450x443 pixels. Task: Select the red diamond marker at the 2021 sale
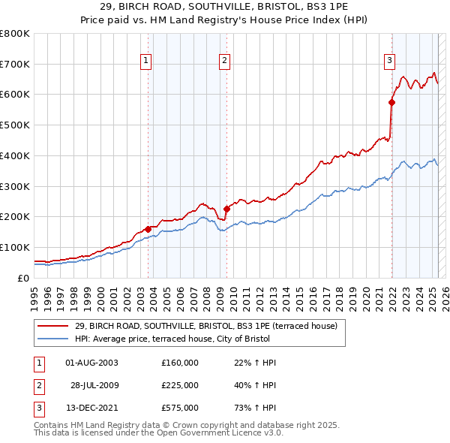[391, 101]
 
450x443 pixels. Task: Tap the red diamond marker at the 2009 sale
[227, 209]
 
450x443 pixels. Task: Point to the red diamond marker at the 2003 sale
[148, 228]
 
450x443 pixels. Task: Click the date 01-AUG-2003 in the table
[92, 363]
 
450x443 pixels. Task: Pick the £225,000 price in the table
[180, 385]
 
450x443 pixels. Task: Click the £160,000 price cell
[180, 363]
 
